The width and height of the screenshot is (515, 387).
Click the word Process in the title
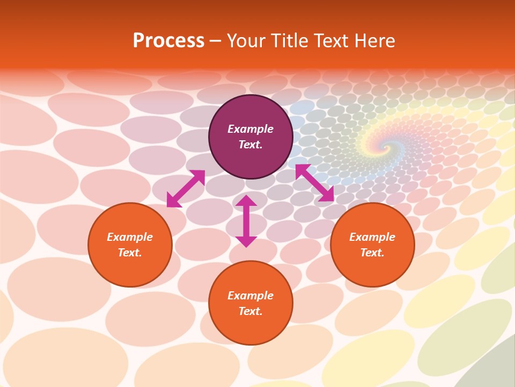pyautogui.click(x=168, y=41)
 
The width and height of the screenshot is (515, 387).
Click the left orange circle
pyautogui.click(x=130, y=245)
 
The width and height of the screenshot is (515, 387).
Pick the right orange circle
pyautogui.click(x=372, y=245)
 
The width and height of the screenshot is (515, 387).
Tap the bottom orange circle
pyautogui.click(x=251, y=303)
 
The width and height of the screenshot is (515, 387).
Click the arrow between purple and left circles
pyautogui.click(x=186, y=189)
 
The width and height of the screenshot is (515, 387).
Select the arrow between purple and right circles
pyautogui.click(x=314, y=183)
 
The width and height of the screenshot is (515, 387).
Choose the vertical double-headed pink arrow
pyautogui.click(x=246, y=221)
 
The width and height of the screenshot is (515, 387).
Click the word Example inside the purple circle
pyautogui.click(x=251, y=129)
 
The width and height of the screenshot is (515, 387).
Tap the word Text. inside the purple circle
pyautogui.click(x=251, y=145)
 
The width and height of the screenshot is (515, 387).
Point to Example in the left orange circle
pyautogui.click(x=130, y=237)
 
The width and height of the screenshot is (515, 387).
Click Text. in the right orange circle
pyautogui.click(x=372, y=253)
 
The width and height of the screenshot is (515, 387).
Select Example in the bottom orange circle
pyautogui.click(x=251, y=296)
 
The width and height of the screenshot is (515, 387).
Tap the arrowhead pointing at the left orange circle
pyautogui.click(x=173, y=201)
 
